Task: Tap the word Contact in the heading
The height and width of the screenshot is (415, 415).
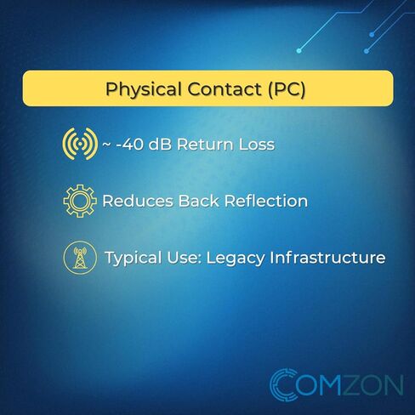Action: [224, 89]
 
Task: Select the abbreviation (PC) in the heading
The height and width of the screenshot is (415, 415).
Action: [286, 89]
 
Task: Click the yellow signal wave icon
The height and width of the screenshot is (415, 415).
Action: [80, 144]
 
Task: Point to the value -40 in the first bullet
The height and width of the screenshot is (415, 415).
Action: [129, 145]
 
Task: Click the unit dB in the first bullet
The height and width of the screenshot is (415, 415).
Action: [160, 144]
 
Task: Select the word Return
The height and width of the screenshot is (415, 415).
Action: [205, 145]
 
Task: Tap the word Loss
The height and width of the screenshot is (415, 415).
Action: [257, 145]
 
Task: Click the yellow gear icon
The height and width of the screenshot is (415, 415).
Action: [80, 201]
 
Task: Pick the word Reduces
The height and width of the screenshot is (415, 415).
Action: [138, 201]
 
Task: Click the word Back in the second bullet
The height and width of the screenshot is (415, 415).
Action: [199, 201]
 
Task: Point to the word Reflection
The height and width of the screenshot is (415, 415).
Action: [266, 201]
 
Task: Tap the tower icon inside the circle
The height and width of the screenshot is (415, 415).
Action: [80, 258]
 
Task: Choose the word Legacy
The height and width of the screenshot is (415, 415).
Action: [236, 259]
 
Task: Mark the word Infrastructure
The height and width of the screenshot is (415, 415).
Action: [327, 258]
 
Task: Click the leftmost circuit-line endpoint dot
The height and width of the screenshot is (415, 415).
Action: [298, 51]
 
